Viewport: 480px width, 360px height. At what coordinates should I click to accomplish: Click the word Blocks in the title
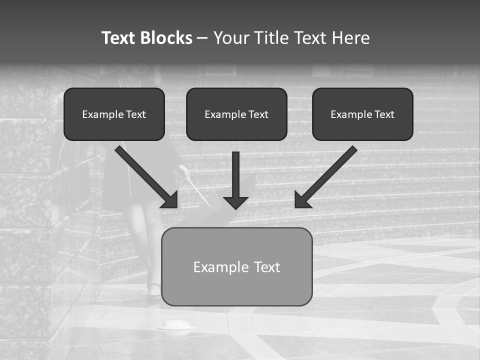click(x=166, y=38)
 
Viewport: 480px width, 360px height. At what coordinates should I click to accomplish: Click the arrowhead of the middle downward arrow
click(x=235, y=202)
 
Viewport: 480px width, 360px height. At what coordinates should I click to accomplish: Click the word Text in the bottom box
click(x=267, y=267)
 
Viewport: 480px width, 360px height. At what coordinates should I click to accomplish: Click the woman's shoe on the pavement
click(x=154, y=290)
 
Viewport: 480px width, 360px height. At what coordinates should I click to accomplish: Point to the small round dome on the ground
click(x=176, y=326)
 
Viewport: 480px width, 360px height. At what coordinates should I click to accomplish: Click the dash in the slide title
click(x=202, y=38)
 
